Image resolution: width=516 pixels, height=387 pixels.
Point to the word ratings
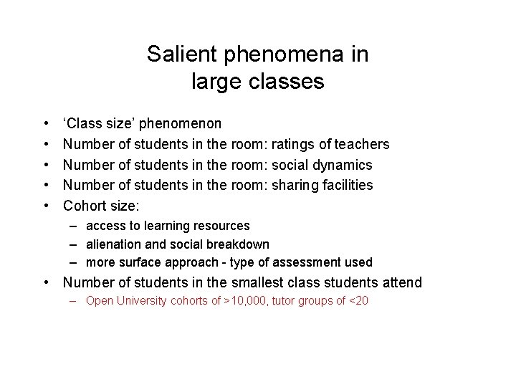pos(295,145)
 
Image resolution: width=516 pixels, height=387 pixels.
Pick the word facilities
pos(348,185)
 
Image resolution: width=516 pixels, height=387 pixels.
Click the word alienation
pos(115,244)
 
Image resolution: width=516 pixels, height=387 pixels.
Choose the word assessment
pos(302,262)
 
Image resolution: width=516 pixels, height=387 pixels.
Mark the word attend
pos(402,283)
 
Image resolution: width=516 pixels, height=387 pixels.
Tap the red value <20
pos(358,301)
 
